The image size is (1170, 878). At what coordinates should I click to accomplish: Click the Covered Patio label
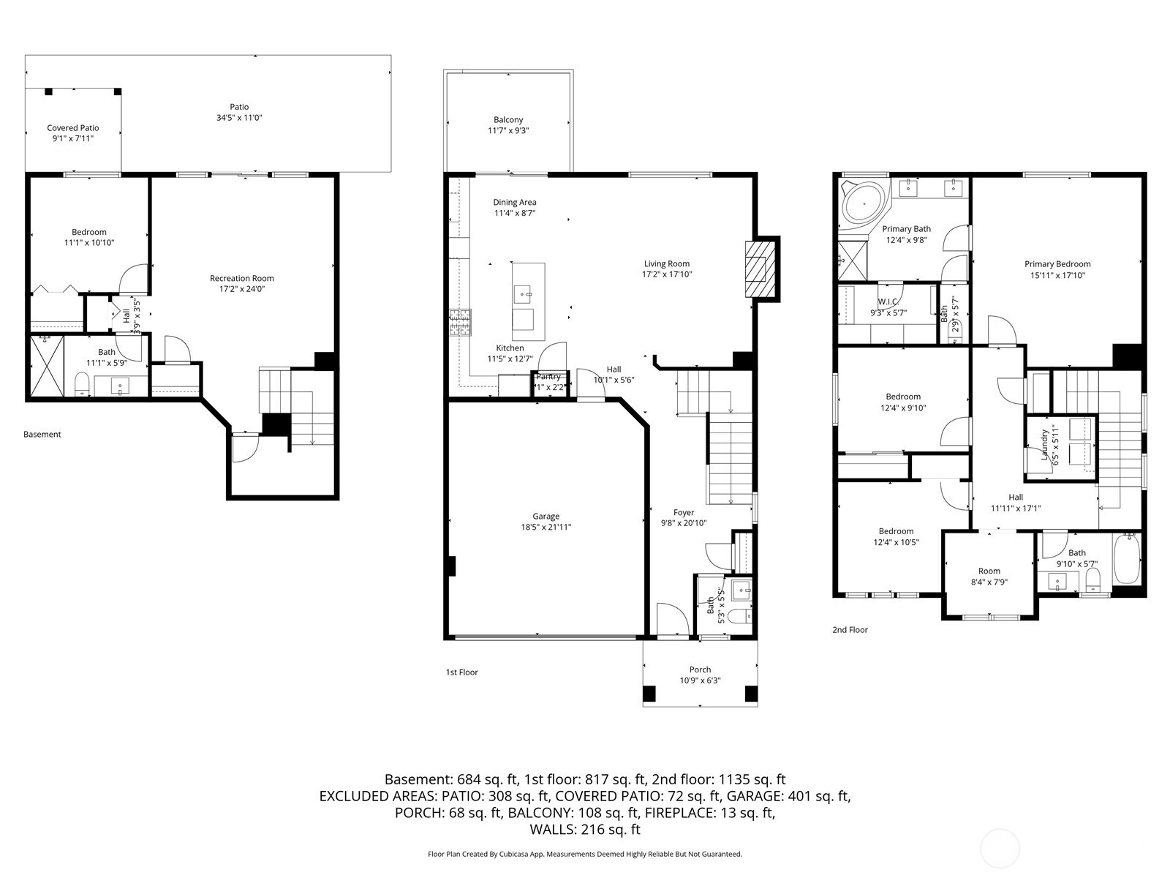tap(73, 128)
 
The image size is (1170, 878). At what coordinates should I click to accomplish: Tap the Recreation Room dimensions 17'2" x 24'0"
tap(242, 289)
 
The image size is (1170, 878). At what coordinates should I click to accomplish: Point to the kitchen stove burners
tap(461, 323)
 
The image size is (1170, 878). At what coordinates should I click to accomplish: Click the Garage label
tap(546, 517)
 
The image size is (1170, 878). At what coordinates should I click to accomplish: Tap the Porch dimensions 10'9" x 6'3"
tap(700, 680)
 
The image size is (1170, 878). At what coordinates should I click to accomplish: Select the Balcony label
tap(508, 120)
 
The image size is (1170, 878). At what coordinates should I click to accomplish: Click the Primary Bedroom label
tap(1057, 264)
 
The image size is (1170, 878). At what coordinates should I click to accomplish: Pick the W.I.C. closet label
tap(888, 301)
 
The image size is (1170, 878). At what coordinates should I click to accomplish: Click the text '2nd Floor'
tap(850, 629)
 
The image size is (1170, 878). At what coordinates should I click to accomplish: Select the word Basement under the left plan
tap(42, 435)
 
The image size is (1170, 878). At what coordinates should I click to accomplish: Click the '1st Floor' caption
tap(461, 672)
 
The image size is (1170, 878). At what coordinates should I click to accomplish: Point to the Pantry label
tap(548, 377)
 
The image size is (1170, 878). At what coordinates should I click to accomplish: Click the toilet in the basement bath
tap(82, 384)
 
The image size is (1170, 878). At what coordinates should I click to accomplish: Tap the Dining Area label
tap(515, 203)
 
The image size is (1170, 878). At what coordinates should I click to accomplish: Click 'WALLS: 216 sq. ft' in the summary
tap(585, 830)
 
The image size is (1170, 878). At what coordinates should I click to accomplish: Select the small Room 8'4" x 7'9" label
tap(989, 571)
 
